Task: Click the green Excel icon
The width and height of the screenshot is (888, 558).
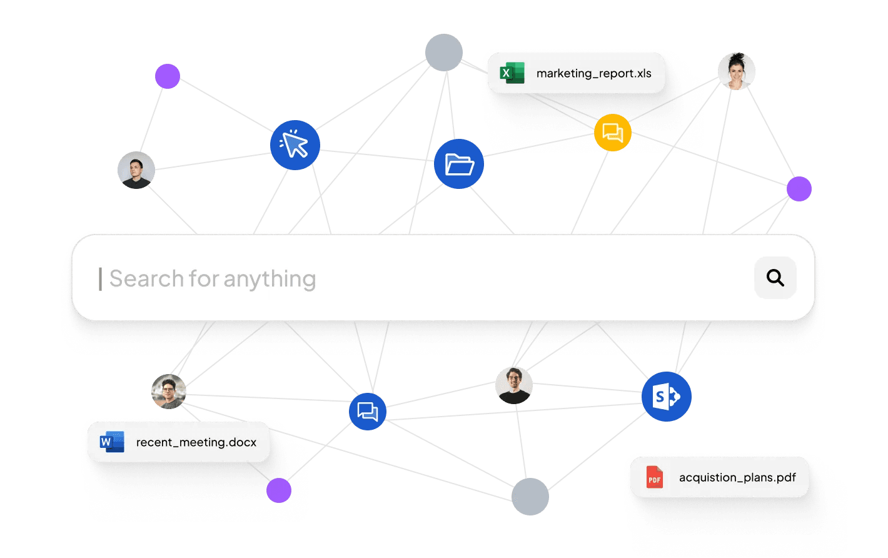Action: click(x=512, y=73)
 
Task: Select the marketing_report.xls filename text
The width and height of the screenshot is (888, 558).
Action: click(x=593, y=73)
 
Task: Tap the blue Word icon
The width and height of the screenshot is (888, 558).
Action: click(x=112, y=442)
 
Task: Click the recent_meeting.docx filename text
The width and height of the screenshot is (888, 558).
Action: click(x=196, y=442)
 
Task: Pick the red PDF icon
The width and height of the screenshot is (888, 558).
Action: click(x=654, y=477)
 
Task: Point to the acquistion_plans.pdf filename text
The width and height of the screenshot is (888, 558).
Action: click(x=737, y=477)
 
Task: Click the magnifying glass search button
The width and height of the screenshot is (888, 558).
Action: click(x=775, y=278)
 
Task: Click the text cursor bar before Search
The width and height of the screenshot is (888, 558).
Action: click(x=100, y=279)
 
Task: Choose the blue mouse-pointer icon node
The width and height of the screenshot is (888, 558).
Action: click(x=295, y=145)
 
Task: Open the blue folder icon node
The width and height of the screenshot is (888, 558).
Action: click(x=459, y=164)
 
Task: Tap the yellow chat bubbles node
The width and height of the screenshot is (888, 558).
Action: click(x=612, y=133)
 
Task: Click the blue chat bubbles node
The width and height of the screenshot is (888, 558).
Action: click(x=367, y=412)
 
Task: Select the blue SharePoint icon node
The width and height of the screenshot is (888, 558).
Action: click(x=666, y=397)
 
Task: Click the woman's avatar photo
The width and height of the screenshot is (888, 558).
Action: click(x=737, y=71)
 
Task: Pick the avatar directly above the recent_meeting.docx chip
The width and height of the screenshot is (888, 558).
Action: click(x=169, y=392)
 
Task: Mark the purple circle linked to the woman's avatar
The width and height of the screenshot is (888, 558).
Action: click(x=799, y=189)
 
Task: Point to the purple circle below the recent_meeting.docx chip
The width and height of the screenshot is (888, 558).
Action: click(x=279, y=490)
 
